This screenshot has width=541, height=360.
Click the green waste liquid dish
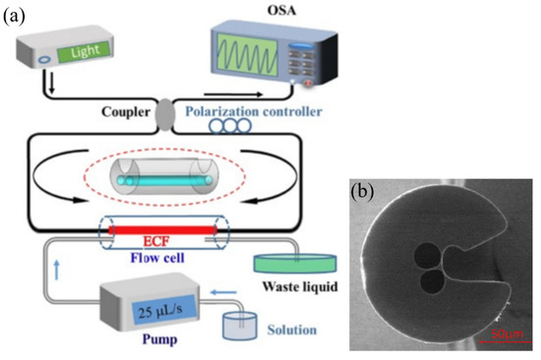click(x=291, y=265)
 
